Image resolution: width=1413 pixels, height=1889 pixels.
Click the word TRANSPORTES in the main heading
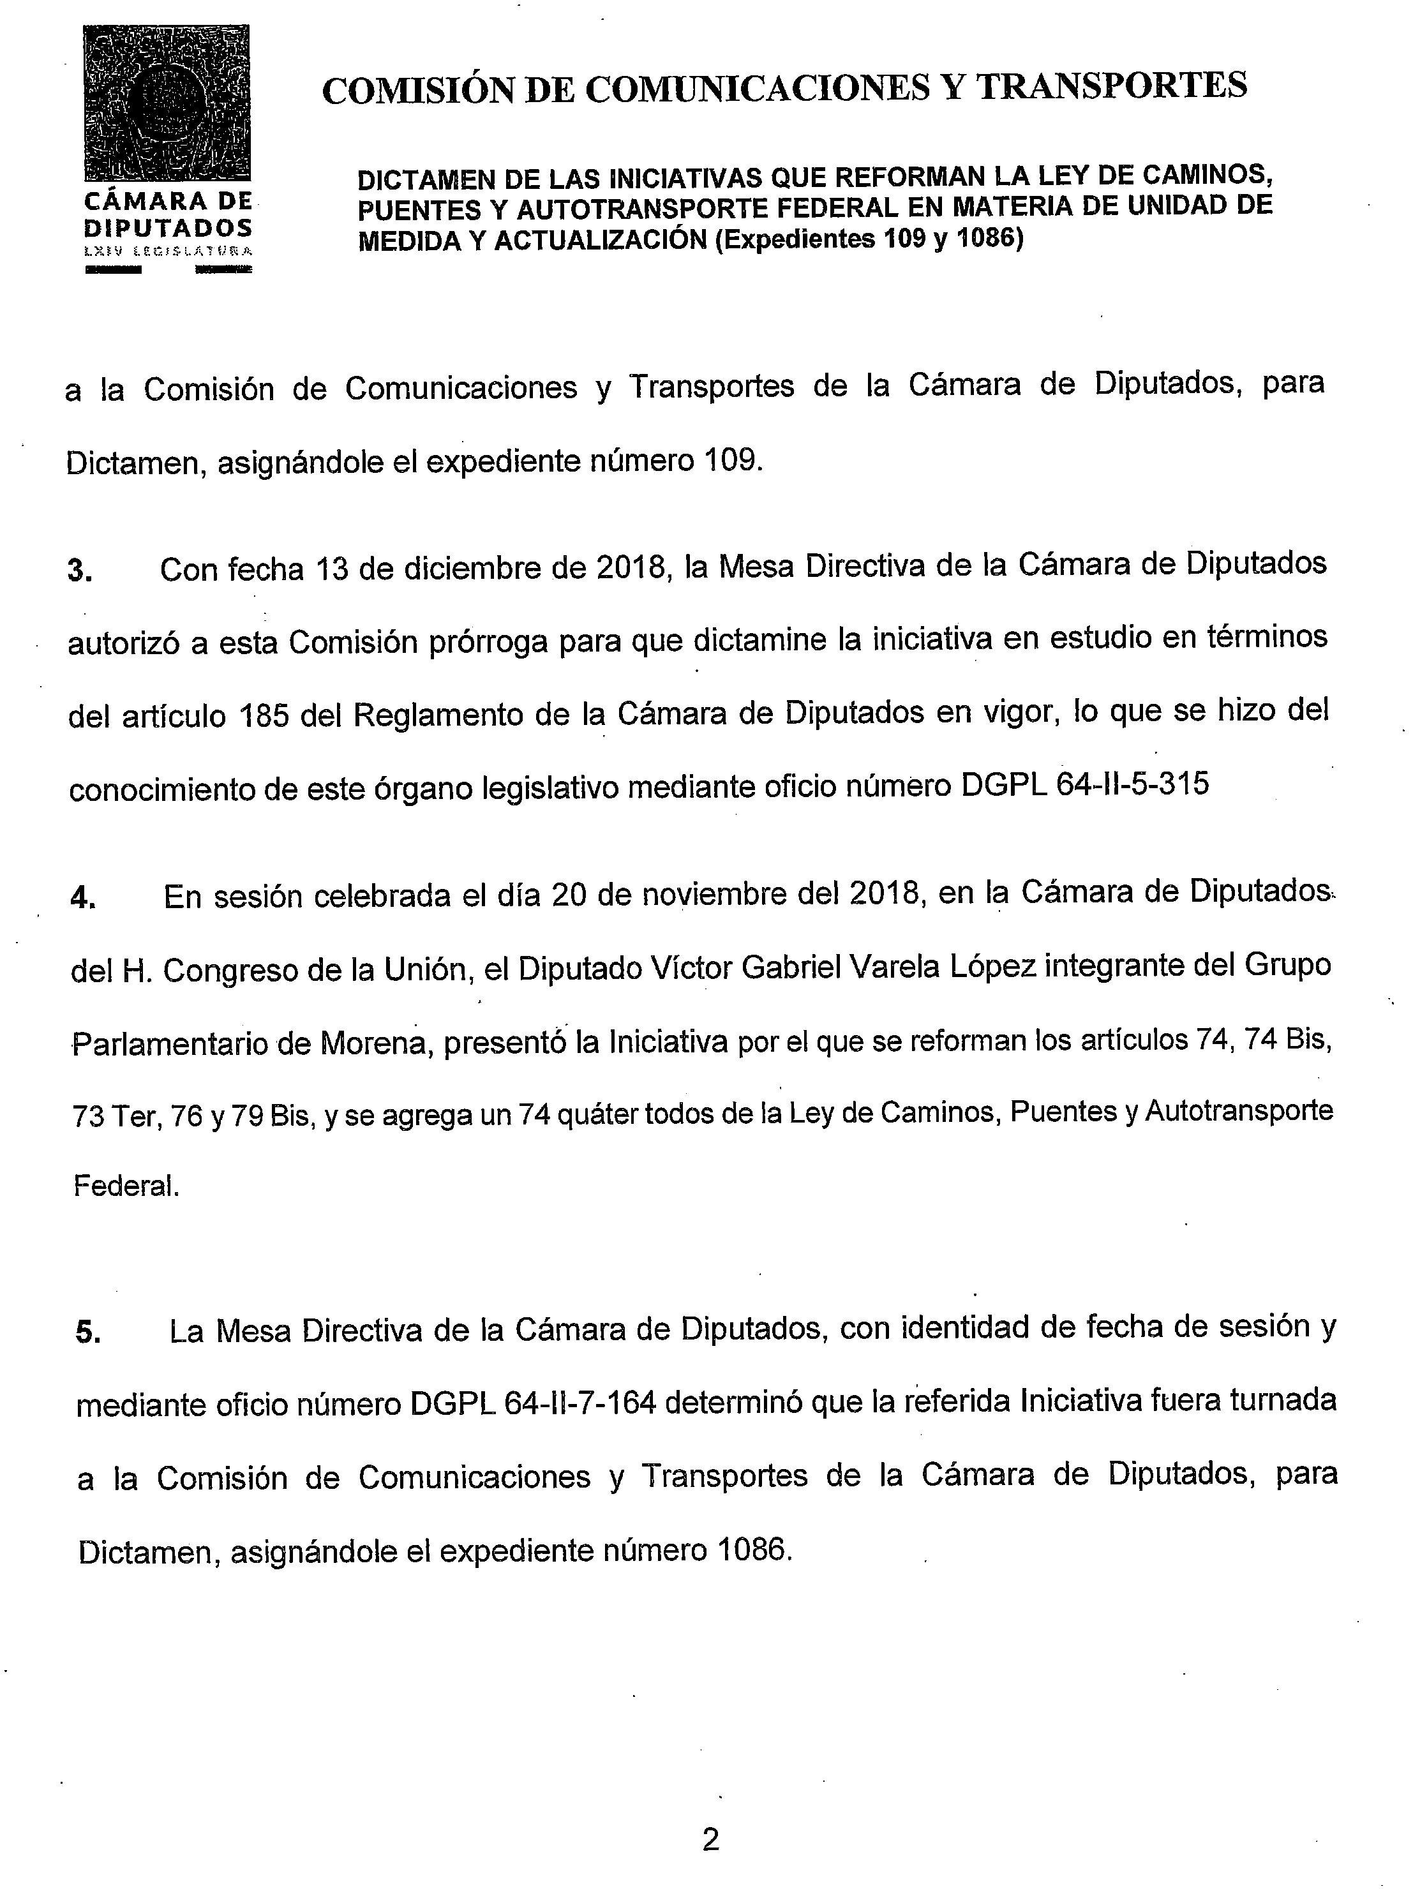[1112, 87]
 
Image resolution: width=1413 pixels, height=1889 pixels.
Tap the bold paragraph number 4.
[83, 899]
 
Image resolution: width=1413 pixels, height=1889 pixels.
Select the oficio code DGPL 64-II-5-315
[1085, 786]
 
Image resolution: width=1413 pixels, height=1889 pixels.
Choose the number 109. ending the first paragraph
[733, 461]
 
